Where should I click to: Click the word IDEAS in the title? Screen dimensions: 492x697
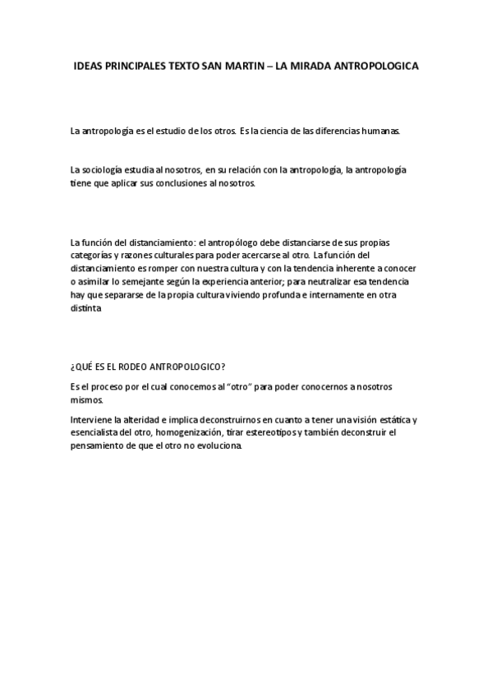point(90,64)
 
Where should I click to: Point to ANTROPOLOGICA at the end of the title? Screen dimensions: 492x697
point(378,64)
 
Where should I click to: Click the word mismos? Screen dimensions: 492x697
point(88,399)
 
